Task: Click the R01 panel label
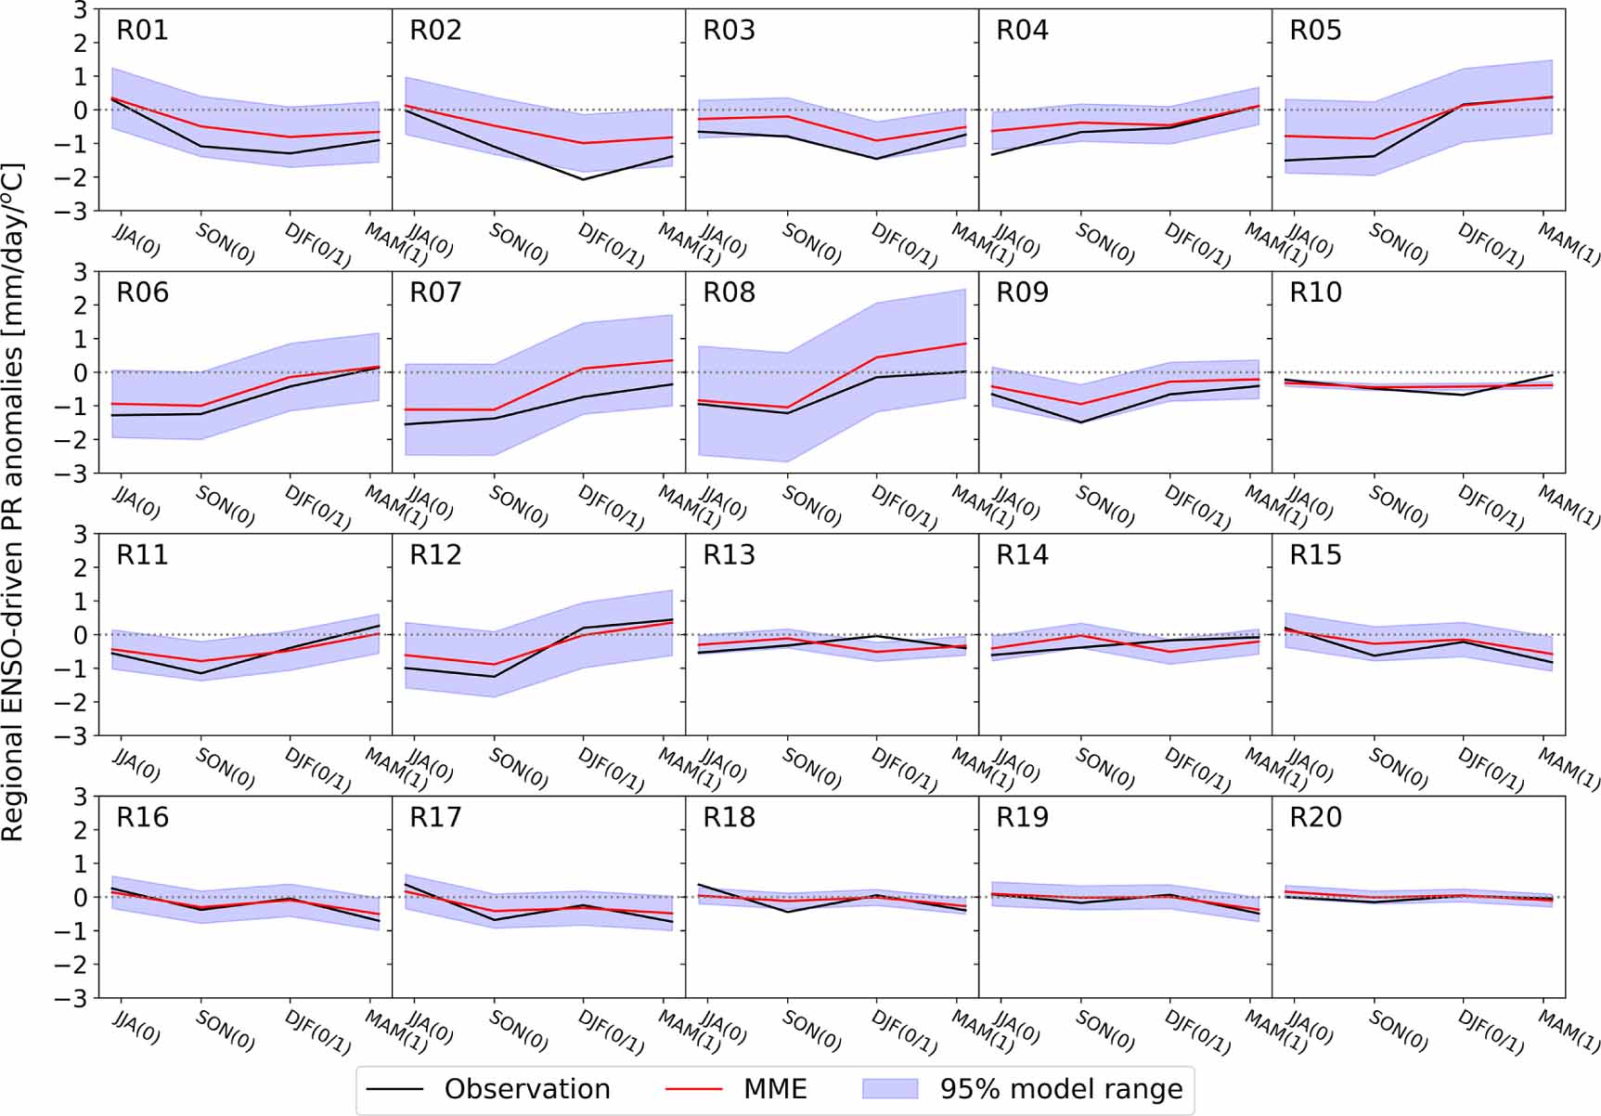click(x=142, y=31)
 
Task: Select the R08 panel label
click(x=729, y=293)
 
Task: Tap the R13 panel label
click(x=729, y=555)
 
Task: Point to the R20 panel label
click(x=1315, y=818)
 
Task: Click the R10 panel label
click(x=1315, y=293)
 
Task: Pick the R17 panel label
click(x=435, y=818)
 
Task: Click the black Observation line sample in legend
click(x=395, y=1089)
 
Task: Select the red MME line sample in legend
click(x=694, y=1089)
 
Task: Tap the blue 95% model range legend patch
click(x=890, y=1089)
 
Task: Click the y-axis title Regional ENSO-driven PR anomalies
click(x=13, y=501)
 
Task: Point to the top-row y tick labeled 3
click(x=82, y=10)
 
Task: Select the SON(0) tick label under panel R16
click(x=225, y=1031)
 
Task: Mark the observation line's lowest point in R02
click(x=583, y=179)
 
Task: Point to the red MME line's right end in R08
click(x=965, y=344)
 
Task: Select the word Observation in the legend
click(x=526, y=1089)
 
